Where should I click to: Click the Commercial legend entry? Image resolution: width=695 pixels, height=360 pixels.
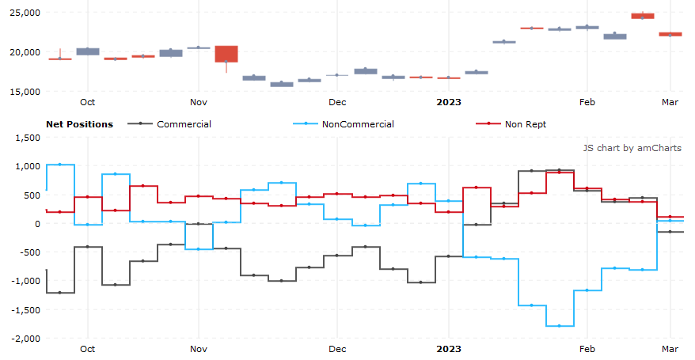click(184, 124)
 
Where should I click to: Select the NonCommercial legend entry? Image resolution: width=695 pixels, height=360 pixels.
click(358, 124)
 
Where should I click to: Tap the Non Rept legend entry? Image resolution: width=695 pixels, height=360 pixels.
click(525, 124)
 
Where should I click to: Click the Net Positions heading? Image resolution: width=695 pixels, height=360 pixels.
click(79, 124)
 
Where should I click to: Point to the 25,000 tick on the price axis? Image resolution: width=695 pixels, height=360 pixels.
click(24, 13)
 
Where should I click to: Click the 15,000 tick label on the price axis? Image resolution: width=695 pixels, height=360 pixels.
click(24, 92)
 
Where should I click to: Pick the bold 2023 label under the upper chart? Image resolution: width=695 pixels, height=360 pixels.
click(449, 102)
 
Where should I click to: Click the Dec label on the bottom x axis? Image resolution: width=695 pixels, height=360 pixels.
click(337, 348)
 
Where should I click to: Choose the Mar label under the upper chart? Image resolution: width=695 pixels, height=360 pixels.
click(670, 102)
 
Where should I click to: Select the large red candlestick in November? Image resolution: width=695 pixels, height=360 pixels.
click(226, 54)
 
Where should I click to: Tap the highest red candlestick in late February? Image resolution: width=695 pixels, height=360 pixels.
click(642, 16)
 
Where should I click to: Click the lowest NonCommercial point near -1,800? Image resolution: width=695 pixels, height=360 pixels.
click(559, 326)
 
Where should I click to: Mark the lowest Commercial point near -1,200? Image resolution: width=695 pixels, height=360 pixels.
click(60, 293)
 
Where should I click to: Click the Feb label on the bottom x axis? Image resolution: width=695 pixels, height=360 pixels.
click(587, 348)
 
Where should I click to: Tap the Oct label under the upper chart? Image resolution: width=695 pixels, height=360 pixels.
click(87, 102)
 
